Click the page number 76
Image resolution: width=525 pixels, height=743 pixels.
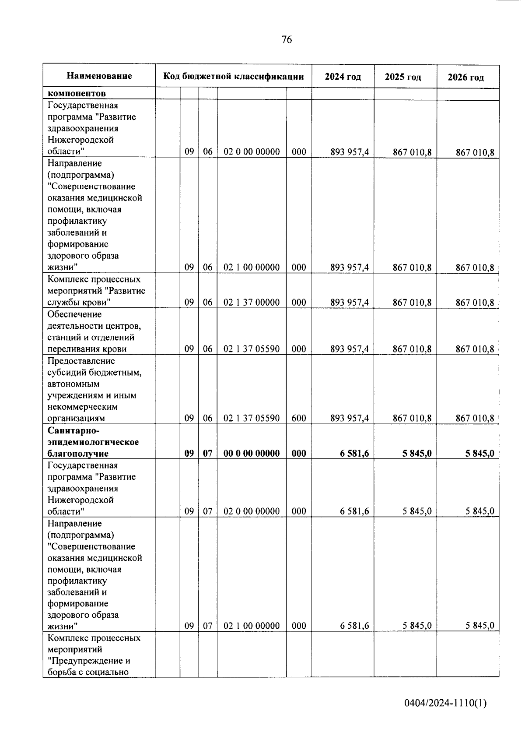point(287,40)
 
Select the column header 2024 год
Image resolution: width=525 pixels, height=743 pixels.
point(343,77)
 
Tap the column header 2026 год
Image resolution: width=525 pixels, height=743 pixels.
point(465,77)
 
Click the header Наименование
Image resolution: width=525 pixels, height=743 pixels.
point(99,76)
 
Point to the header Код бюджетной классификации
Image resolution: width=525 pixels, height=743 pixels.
point(234,77)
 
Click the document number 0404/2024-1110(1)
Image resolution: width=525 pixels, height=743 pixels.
point(445,703)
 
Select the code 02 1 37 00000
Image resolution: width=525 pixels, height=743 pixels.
point(252,302)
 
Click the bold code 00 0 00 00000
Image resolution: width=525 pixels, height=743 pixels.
point(252,453)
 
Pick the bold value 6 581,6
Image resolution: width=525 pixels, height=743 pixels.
point(354,453)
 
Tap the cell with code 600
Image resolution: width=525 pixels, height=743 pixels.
point(299,418)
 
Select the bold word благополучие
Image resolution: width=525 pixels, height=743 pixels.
point(78,453)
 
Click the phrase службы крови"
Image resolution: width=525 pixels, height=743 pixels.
point(78,302)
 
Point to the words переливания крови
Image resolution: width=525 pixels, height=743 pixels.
point(87,349)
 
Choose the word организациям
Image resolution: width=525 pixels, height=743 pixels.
point(76,418)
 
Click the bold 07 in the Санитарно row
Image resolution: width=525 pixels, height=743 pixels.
point(208,453)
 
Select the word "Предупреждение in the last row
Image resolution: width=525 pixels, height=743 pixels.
point(89,660)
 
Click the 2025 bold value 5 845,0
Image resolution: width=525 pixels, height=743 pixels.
point(416,453)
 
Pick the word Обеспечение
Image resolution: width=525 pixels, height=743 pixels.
point(74,314)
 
